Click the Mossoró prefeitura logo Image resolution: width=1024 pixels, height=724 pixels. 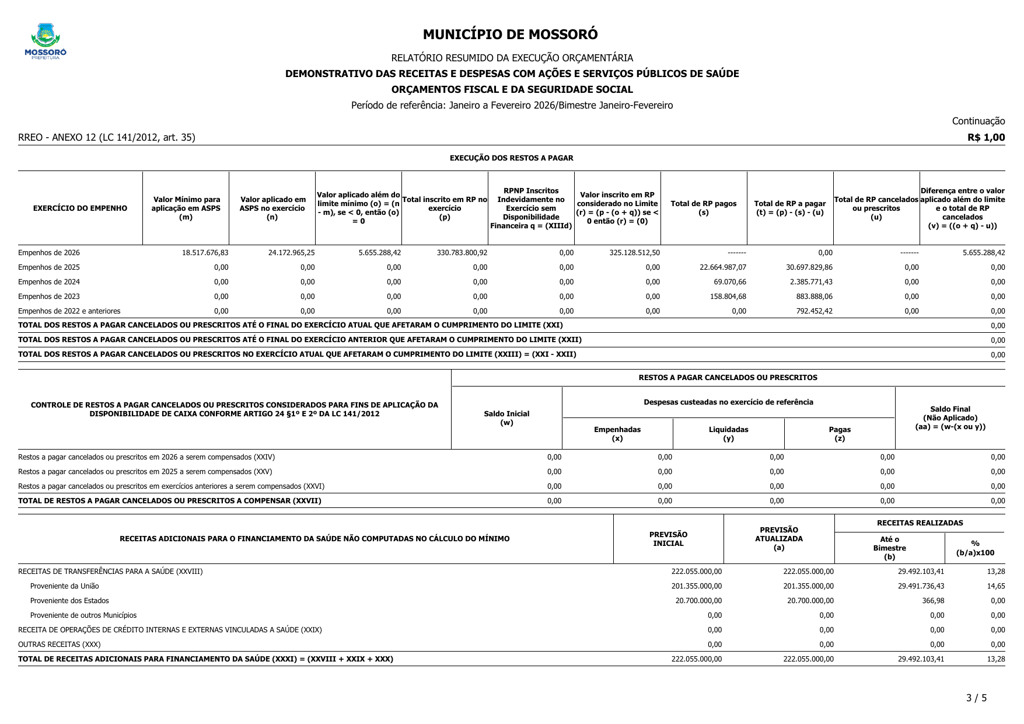click(x=46, y=41)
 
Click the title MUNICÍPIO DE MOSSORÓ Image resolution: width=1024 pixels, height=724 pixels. click(x=510, y=34)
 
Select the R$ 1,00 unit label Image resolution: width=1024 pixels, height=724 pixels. click(x=986, y=137)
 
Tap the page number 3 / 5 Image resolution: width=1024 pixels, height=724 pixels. click(x=976, y=698)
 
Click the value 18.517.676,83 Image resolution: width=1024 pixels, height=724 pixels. click(x=205, y=253)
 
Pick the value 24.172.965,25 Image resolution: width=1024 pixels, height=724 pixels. click(x=291, y=253)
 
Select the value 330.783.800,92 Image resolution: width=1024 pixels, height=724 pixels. click(x=462, y=253)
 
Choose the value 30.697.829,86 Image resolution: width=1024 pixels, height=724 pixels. click(x=809, y=267)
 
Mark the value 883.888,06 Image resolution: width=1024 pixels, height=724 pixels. click(x=815, y=297)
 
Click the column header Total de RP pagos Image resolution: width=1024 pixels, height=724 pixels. click(x=704, y=208)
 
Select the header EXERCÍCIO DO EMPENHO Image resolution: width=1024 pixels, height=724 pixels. click(x=80, y=208)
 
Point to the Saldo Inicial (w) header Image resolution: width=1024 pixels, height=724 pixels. click(x=506, y=418)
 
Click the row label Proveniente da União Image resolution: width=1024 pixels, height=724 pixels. click(x=65, y=586)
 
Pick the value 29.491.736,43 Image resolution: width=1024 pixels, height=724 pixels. click(x=921, y=586)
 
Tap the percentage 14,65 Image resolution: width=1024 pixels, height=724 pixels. click(x=996, y=586)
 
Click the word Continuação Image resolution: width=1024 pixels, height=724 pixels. click(x=978, y=121)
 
